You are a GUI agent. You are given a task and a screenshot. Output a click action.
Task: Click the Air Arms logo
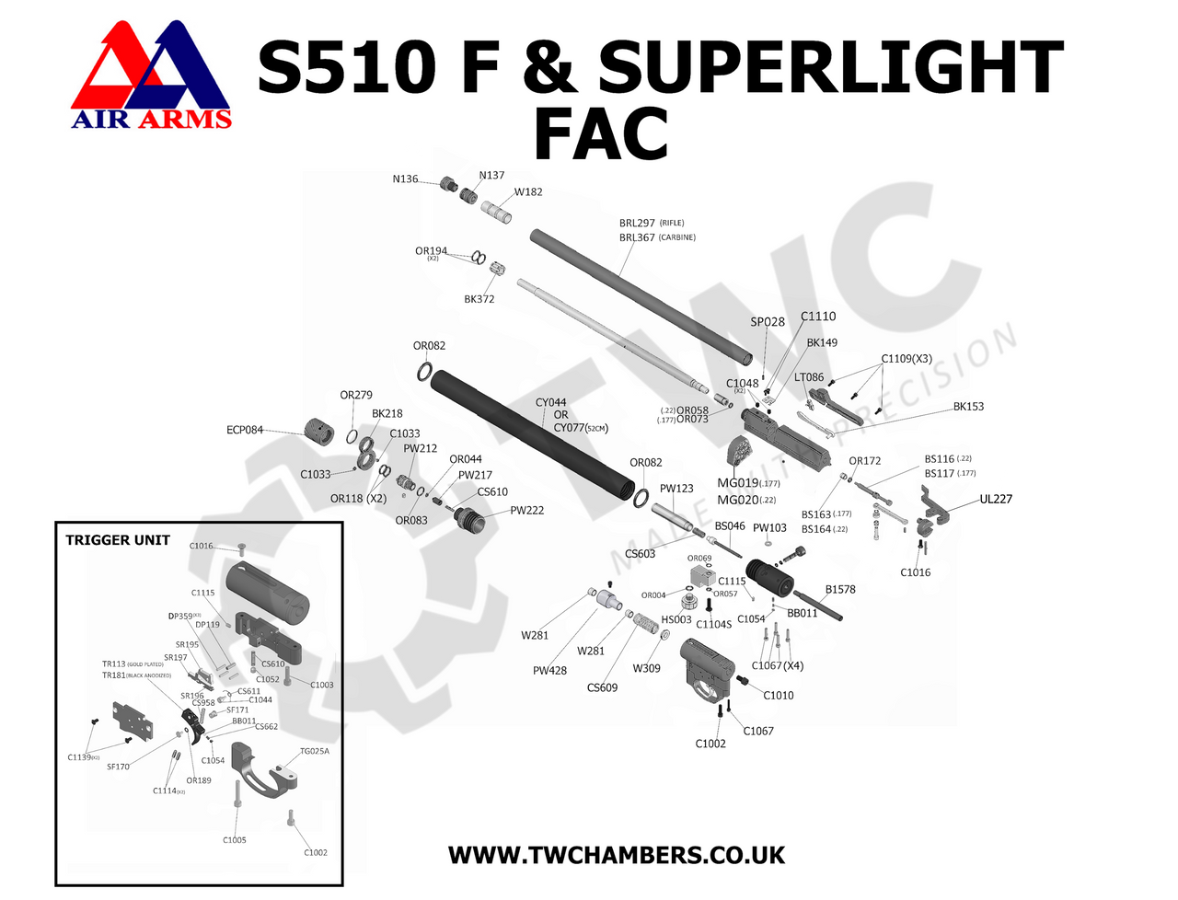click(151, 75)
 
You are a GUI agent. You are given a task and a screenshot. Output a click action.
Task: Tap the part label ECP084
click(245, 430)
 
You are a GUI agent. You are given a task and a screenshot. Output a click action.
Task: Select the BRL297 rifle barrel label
click(638, 223)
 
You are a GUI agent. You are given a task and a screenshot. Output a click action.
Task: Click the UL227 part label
click(996, 499)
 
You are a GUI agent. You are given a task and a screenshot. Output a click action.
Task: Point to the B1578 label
click(840, 589)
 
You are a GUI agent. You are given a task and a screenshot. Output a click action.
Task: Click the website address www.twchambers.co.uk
click(617, 855)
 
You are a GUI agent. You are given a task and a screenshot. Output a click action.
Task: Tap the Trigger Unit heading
click(118, 540)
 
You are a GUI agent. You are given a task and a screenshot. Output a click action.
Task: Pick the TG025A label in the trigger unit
click(314, 751)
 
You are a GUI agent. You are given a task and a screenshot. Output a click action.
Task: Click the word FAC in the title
click(601, 134)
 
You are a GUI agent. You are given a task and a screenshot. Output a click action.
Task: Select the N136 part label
click(405, 179)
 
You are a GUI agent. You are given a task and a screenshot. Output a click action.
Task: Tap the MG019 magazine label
click(738, 483)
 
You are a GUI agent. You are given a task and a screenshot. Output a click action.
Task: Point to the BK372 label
click(479, 299)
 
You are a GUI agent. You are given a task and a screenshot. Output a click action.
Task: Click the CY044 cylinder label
click(551, 402)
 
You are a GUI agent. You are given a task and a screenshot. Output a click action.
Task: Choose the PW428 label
click(549, 671)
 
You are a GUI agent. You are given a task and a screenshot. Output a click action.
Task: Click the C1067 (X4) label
click(777, 665)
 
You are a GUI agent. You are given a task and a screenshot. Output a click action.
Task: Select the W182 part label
click(528, 192)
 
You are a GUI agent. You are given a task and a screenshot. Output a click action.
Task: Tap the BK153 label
click(968, 407)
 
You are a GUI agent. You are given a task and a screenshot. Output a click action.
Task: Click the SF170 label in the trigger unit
click(118, 767)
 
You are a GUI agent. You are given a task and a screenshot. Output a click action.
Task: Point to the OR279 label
click(356, 395)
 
